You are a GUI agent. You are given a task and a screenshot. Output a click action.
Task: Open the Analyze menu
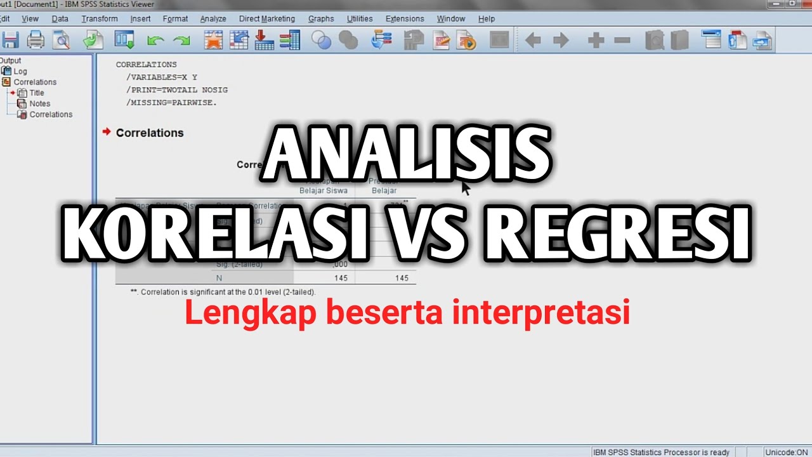coord(213,19)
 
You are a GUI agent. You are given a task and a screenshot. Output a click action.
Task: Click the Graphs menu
coord(321,19)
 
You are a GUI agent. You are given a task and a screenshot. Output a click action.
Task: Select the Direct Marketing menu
coord(266,19)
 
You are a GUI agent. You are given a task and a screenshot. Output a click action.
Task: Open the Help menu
coord(487,19)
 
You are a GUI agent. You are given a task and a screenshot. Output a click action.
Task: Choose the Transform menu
coord(100,19)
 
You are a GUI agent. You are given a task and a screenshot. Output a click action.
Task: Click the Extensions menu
coord(405,19)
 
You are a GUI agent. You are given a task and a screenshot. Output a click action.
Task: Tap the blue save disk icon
coord(10,41)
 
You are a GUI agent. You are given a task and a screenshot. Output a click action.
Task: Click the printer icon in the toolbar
coord(36,41)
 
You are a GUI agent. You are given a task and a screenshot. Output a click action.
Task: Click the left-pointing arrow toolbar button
coord(533,41)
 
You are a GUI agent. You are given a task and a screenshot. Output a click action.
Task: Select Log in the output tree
coord(20,71)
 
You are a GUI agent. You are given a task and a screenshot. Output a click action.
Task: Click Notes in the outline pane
coord(39,103)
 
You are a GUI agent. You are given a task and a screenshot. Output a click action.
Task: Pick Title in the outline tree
coord(37,93)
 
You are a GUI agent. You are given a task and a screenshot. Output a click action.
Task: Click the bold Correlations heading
coord(150,133)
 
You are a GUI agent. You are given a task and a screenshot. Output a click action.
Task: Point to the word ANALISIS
coord(407,155)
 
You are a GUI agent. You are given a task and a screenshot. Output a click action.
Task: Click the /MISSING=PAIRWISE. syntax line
coord(171,102)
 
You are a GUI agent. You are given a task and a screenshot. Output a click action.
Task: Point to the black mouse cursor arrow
coord(466,188)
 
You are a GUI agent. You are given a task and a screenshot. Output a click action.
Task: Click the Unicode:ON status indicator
coord(786,452)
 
